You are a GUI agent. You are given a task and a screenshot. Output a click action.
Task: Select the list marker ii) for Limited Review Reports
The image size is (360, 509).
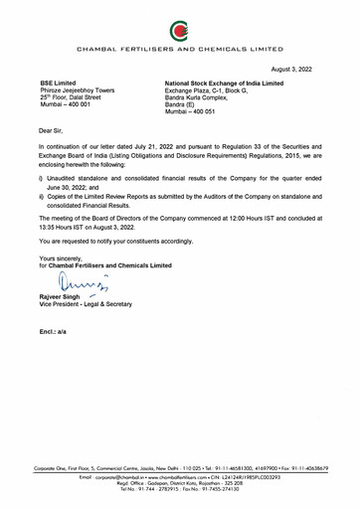coord(42,190)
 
